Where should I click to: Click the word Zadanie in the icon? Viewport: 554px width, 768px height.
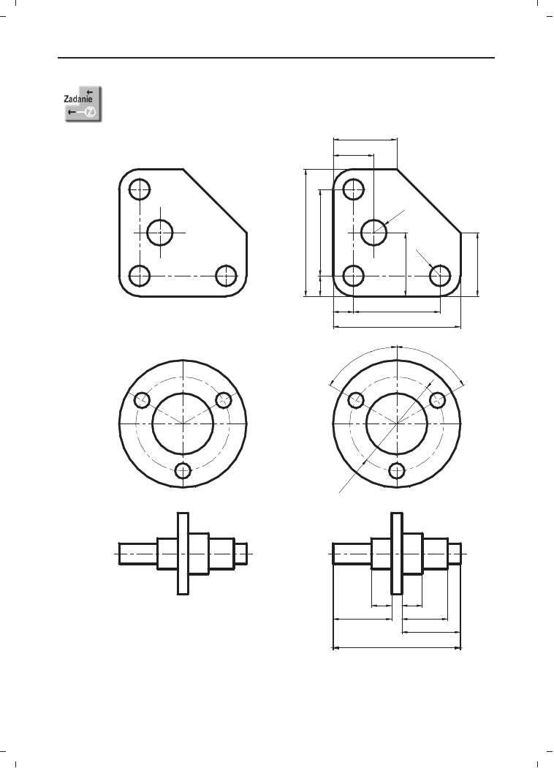click(x=78, y=99)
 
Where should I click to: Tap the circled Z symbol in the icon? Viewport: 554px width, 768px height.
click(x=91, y=112)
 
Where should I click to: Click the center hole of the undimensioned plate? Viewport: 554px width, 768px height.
click(x=160, y=232)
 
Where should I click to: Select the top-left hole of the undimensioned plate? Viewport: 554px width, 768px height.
click(x=140, y=189)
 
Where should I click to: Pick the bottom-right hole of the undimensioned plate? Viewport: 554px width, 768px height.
click(x=226, y=276)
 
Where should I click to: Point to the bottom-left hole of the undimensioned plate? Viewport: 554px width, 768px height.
click(x=140, y=276)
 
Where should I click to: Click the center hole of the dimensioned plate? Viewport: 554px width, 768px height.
click(x=374, y=232)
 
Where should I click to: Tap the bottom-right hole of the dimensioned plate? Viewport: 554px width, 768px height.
click(x=440, y=276)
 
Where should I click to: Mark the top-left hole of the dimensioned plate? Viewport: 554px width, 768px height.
click(x=353, y=189)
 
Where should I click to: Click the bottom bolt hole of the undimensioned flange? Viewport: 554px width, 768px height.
click(x=183, y=471)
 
